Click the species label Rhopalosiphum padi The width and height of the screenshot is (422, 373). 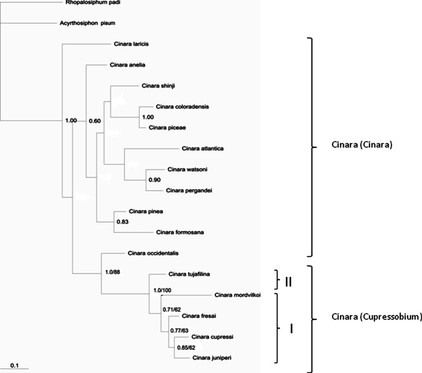(85, 2)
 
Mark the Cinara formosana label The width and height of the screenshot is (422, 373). (177, 232)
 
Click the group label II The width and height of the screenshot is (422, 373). (287, 280)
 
